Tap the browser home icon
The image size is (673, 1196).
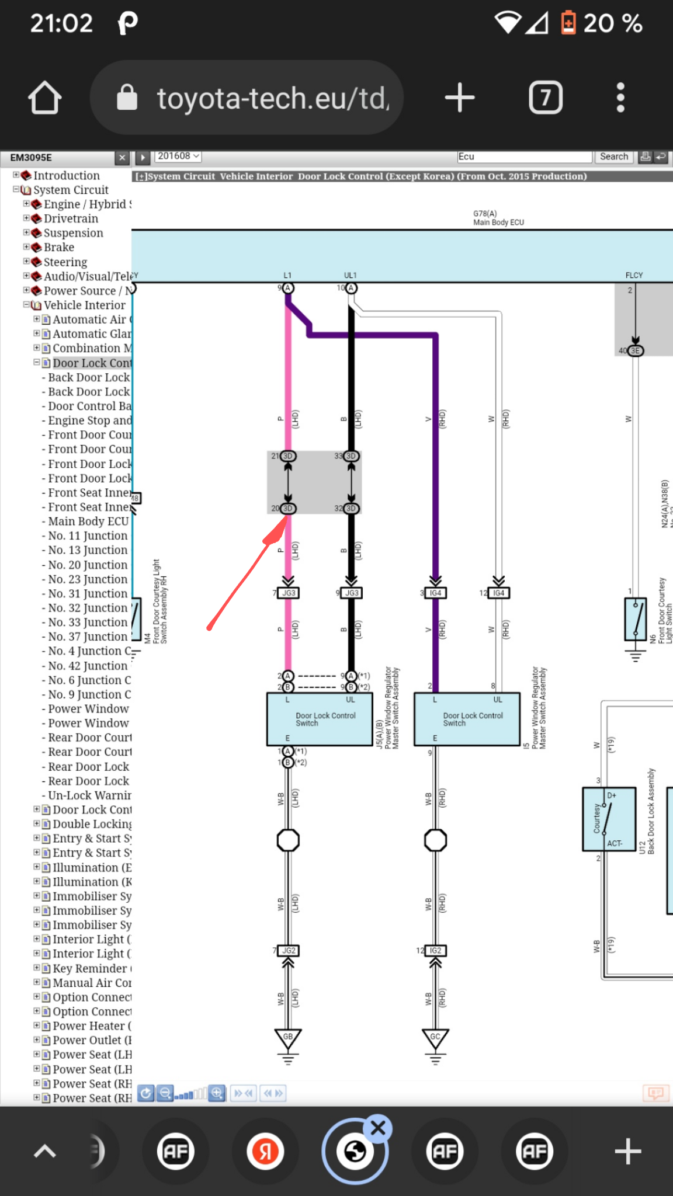click(44, 98)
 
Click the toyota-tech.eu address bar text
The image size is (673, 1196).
click(272, 98)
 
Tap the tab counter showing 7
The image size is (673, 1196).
click(545, 98)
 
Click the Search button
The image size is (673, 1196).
click(613, 157)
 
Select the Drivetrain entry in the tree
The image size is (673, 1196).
click(71, 218)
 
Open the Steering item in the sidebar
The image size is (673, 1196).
click(65, 262)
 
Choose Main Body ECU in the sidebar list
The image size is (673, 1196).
click(88, 521)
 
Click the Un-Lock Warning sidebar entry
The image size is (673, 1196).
click(89, 795)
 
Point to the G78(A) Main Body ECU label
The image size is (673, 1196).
click(498, 218)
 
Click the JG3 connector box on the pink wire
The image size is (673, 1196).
click(289, 593)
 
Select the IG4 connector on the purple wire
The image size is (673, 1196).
click(435, 593)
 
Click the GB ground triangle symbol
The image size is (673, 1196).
click(288, 1038)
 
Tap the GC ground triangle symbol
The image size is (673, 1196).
click(435, 1038)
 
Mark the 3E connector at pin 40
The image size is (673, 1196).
click(635, 351)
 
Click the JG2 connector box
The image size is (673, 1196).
click(289, 951)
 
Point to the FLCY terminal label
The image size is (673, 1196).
click(634, 275)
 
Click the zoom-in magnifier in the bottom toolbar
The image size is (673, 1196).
click(217, 1093)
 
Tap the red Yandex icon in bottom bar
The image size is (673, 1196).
click(265, 1152)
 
